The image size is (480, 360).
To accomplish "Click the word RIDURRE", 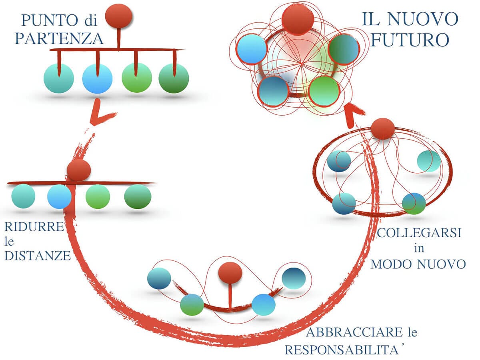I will (34, 227).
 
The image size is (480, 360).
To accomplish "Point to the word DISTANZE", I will (37, 255).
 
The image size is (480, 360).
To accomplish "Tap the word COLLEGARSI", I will (419, 233).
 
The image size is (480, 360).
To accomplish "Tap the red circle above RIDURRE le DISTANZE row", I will (79, 170).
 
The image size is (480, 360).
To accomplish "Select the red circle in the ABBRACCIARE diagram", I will (230, 273).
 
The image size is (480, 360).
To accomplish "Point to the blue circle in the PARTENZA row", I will (97, 78).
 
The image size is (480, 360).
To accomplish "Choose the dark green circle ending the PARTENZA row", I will (174, 78).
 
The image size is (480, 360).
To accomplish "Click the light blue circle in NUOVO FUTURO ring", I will (252, 49).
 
